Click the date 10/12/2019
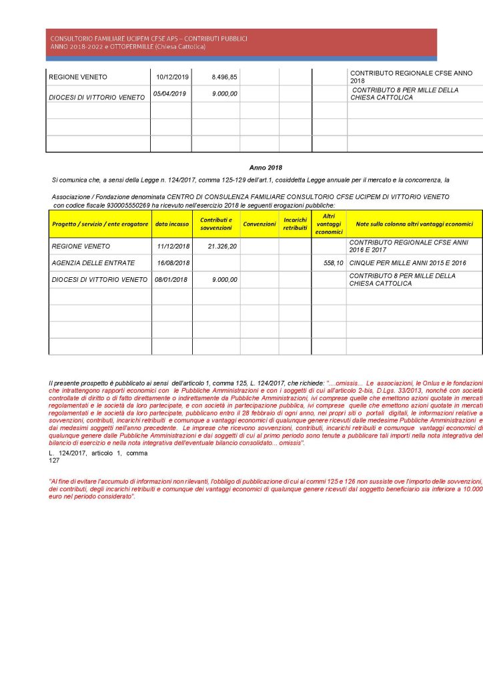tap(173, 77)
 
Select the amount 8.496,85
tap(224, 77)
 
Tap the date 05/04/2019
tap(169, 94)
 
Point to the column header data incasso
tap(173, 224)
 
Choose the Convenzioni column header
tap(260, 224)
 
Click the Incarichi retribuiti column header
tap(295, 224)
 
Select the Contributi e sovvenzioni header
tap(216, 224)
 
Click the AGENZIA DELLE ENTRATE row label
tap(93, 263)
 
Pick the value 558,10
tap(332, 263)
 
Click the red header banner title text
tap(148, 42)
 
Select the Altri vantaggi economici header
tap(329, 224)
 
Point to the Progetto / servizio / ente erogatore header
tap(100, 224)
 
